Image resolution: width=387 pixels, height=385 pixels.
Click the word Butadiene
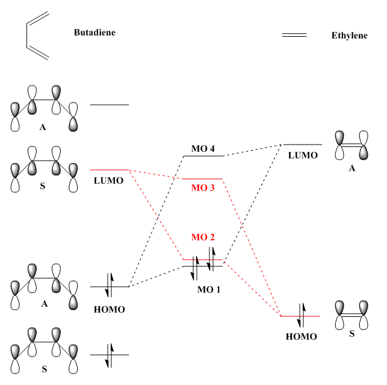(94, 33)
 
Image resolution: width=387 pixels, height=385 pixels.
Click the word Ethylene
(349, 36)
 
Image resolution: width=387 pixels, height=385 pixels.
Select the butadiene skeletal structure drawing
(37, 37)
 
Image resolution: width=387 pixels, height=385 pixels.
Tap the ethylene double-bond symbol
(294, 35)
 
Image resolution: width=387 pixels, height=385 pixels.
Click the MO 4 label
(203, 148)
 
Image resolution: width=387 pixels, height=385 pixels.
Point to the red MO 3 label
(203, 187)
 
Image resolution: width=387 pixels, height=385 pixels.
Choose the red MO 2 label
(203, 237)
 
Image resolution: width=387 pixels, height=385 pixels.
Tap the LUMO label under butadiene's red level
(108, 180)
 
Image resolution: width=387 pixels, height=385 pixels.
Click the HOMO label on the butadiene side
(110, 309)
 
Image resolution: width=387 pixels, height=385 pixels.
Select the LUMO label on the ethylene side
(303, 155)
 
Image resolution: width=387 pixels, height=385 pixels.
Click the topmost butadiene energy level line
(110, 105)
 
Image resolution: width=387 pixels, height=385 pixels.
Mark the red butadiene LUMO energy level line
(110, 170)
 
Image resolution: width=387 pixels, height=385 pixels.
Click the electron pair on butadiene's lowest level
(110, 355)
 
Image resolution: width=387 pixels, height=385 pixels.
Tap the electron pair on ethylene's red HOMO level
(302, 316)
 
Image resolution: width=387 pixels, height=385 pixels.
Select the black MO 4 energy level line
(203, 156)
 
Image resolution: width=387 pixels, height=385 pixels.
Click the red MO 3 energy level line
(203, 179)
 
